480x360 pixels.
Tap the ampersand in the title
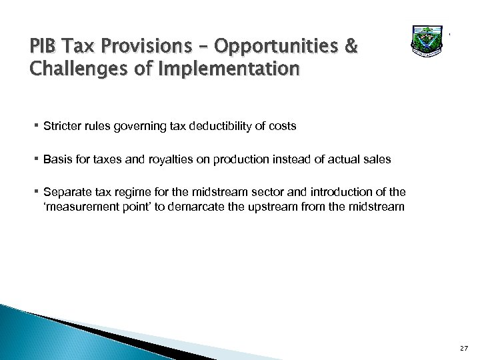351,48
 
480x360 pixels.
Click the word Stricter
60,125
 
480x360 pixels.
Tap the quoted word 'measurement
79,207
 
